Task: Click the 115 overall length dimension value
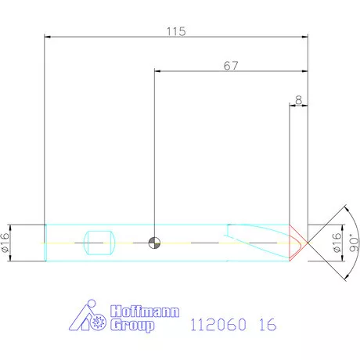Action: (x=175, y=31)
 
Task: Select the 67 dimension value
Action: (x=230, y=67)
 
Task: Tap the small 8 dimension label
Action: (x=298, y=99)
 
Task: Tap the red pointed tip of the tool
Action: (x=301, y=242)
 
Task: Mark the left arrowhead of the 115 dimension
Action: (x=48, y=36)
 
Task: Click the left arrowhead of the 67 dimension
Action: (x=159, y=71)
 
